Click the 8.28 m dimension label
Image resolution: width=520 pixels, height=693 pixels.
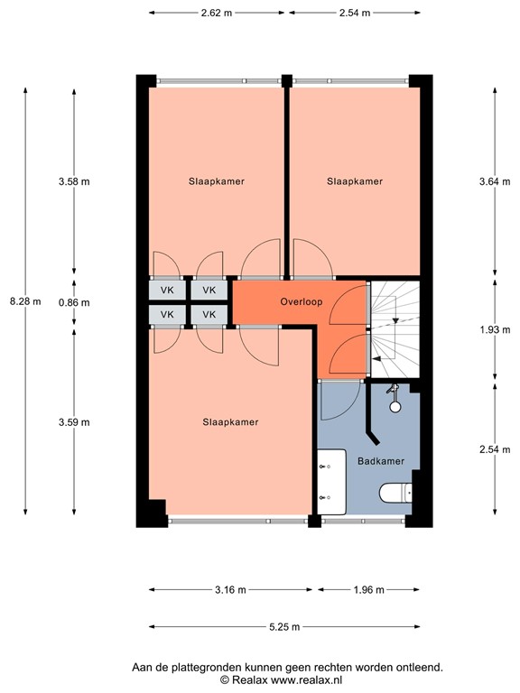tap(25, 301)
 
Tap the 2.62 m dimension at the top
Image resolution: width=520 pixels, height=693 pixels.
tap(217, 13)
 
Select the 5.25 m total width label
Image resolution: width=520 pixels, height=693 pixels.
tap(284, 627)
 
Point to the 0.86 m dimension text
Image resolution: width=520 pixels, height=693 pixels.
tap(74, 303)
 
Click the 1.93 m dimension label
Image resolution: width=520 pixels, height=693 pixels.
tap(495, 329)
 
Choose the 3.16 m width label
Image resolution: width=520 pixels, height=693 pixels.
tap(230, 589)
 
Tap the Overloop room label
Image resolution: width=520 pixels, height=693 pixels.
tap(302, 302)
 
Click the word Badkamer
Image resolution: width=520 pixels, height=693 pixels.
tap(381, 461)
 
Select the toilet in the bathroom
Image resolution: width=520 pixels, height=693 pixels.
tap(396, 494)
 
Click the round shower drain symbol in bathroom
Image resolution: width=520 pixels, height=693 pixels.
tap(395, 407)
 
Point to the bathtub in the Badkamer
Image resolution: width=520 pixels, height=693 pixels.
tap(331, 482)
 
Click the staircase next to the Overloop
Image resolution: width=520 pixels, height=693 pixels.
tap(395, 329)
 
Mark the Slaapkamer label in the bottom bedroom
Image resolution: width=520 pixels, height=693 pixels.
tap(230, 422)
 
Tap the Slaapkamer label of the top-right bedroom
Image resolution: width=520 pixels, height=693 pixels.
tap(355, 181)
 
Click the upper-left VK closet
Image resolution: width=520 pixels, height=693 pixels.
tap(167, 291)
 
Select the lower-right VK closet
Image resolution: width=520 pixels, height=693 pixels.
tap(209, 315)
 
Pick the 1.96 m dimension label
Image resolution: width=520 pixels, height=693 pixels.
tap(368, 589)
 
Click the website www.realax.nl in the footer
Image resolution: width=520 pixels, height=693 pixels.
tap(306, 679)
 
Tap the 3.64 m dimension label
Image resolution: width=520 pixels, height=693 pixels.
tap(495, 181)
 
